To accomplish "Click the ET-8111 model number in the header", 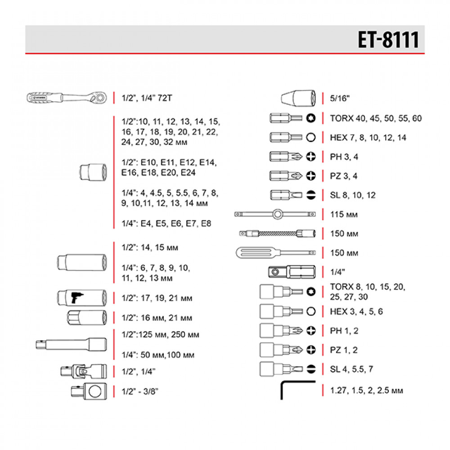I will tap(388, 40).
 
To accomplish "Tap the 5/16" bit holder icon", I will tap(299, 97).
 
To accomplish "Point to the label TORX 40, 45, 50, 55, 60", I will tap(375, 119).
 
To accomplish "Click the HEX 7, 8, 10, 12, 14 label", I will tap(368, 138).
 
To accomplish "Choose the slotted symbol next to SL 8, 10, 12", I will tap(310, 195).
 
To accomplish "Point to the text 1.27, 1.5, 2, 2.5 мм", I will tap(366, 390).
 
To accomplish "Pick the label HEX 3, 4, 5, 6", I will tap(356, 311).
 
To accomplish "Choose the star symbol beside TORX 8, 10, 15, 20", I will tap(310, 292).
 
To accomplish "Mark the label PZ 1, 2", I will tap(343, 350).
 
